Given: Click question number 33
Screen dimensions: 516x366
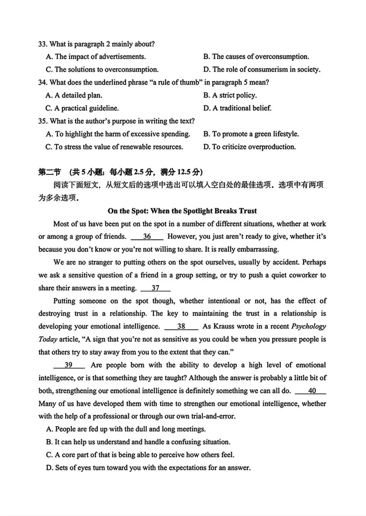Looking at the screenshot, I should tap(42, 44).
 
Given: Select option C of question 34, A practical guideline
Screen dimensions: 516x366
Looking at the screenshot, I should tap(82, 108).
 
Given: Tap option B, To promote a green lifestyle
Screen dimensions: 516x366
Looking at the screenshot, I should tap(251, 134).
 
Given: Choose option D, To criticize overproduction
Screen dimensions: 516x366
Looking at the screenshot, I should tap(249, 147).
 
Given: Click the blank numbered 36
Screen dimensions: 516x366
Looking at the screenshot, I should tap(147, 236).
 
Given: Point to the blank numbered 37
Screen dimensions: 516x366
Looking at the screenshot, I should tap(155, 288).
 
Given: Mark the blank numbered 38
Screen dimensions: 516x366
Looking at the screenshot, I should tap(181, 326).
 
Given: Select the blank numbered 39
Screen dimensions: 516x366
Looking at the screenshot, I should tap(69, 365).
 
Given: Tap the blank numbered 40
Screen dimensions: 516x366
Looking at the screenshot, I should tap(311, 391).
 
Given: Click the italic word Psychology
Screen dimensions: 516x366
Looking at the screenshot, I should tap(308, 326).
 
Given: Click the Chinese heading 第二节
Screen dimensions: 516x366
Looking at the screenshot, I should tap(49, 172).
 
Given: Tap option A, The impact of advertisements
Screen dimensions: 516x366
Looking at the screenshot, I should tap(96, 57).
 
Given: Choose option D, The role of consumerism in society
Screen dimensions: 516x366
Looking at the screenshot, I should tap(262, 70).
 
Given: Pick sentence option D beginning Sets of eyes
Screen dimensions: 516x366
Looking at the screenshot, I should tap(148, 468).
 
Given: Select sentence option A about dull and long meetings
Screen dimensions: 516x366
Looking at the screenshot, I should tap(126, 429).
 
